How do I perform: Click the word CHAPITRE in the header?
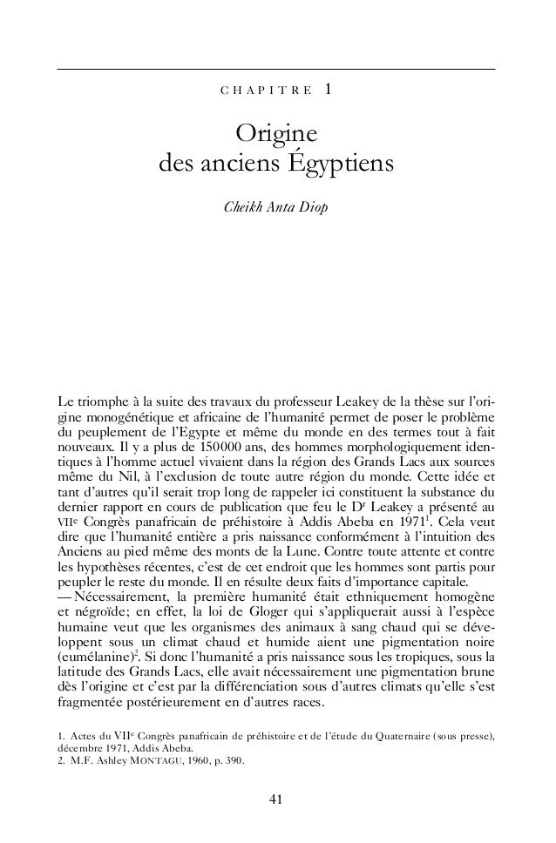tap(261, 91)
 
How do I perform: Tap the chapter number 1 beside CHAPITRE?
tap(327, 89)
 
